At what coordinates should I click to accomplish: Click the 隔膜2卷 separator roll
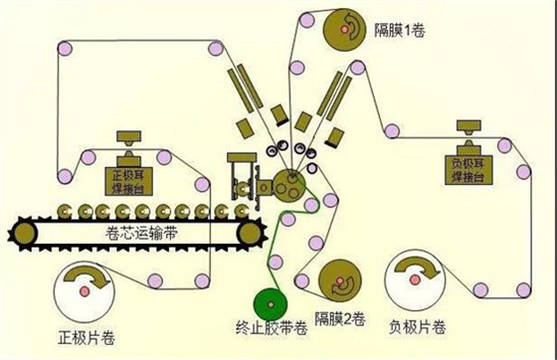pos(343,283)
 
